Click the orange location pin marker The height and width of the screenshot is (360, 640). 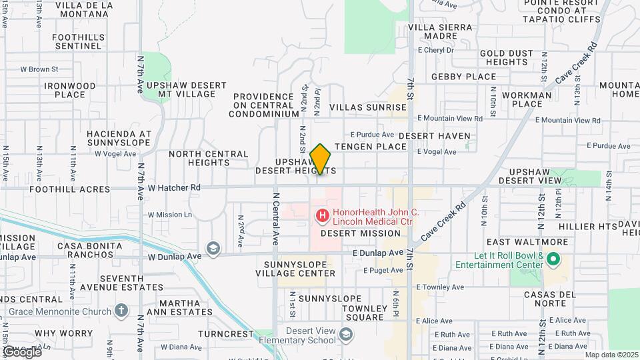tap(321, 159)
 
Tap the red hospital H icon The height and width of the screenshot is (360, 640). tap(322, 215)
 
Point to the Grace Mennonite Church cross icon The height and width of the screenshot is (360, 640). tap(121, 310)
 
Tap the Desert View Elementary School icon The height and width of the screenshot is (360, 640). tap(345, 334)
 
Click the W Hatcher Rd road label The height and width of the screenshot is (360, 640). tap(174, 188)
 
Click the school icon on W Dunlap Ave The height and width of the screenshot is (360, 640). tap(213, 249)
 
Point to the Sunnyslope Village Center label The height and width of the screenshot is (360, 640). tap(293, 269)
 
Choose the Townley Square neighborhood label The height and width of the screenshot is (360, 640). tap(365, 313)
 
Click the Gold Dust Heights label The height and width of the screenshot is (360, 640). tap(507, 57)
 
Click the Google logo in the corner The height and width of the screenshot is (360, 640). tap(21, 351)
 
